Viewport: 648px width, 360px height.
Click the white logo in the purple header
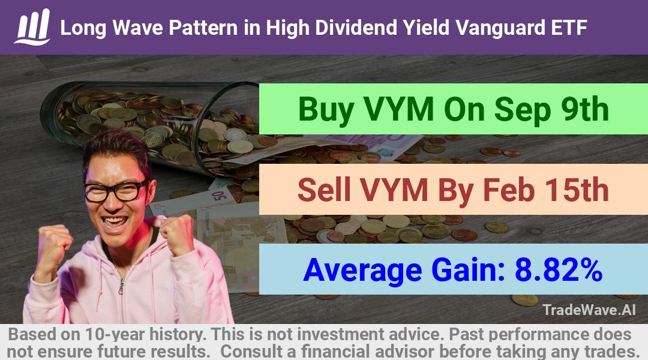(x=32, y=26)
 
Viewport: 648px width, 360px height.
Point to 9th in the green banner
(x=585, y=109)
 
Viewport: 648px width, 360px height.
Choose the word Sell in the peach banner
(x=323, y=190)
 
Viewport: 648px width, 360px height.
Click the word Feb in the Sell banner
(x=508, y=190)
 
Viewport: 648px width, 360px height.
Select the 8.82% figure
(x=558, y=270)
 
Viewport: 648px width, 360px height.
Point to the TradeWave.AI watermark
(x=589, y=310)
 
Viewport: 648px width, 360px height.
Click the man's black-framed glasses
(x=116, y=191)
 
